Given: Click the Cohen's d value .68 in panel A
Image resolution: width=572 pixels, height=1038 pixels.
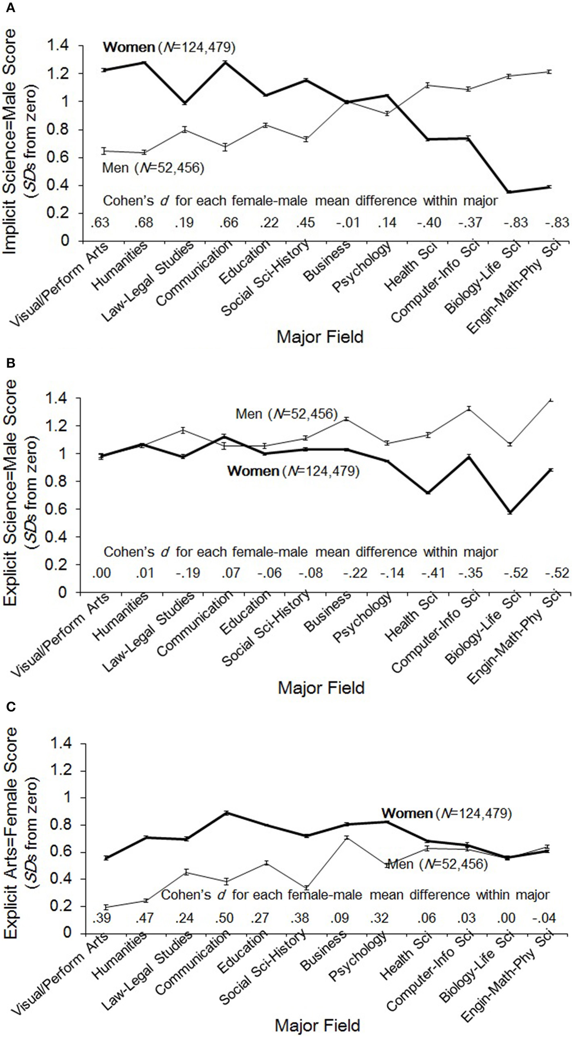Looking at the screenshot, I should [144, 223].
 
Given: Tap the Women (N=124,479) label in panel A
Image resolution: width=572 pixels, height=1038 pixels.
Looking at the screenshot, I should [169, 48].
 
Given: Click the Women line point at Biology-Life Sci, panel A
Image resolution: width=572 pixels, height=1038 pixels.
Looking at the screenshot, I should [508, 192].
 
